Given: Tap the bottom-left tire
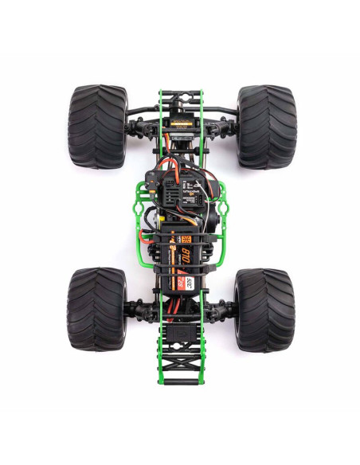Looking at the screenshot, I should [x=97, y=309].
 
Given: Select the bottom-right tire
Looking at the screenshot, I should [x=264, y=309].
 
